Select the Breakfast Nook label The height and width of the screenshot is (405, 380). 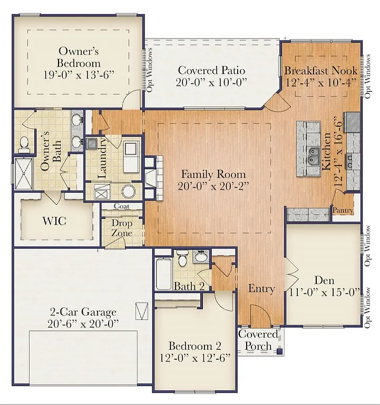coord(321,70)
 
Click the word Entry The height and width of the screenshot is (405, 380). coord(261,288)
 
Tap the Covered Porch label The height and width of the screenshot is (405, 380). coord(258,340)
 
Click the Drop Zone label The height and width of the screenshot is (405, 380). coord(121,228)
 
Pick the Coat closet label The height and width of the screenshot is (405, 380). coord(121,206)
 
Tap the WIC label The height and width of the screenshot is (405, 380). coord(54,220)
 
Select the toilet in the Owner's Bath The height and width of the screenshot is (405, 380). coord(24,142)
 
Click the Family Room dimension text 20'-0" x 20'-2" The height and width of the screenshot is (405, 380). coord(213,185)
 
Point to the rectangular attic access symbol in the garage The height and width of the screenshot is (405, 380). coord(141,311)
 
